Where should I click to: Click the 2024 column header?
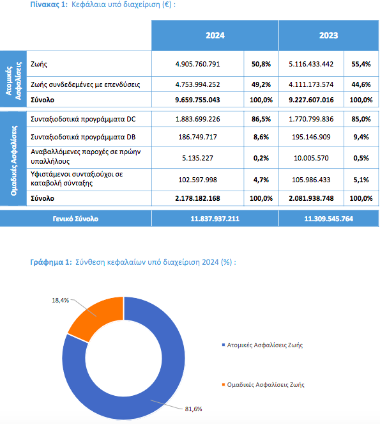pyautogui.click(x=215, y=35)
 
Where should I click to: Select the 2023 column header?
pyautogui.click(x=328, y=35)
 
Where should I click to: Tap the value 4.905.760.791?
pyautogui.click(x=197, y=64)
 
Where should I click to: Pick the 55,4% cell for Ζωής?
pyautogui.click(x=361, y=64)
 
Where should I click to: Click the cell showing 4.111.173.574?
pyautogui.click(x=311, y=84)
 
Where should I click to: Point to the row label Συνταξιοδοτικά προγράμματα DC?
pyautogui.click(x=83, y=119)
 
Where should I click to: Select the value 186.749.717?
pyautogui.click(x=197, y=137)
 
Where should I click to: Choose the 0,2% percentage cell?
pyautogui.click(x=261, y=158)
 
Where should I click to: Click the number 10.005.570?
pyautogui.click(x=311, y=158)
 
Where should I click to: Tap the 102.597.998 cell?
pyautogui.click(x=197, y=180)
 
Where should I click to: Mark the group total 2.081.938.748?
pyautogui.click(x=311, y=198)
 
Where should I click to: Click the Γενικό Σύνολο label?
pyautogui.click(x=75, y=219)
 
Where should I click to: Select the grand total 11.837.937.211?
pyautogui.click(x=215, y=219)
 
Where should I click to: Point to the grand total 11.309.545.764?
pyautogui.click(x=328, y=219)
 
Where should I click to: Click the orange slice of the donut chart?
pyautogui.click(x=97, y=317)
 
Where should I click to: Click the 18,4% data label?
pyautogui.click(x=60, y=300)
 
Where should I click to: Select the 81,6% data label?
pyautogui.click(x=194, y=409)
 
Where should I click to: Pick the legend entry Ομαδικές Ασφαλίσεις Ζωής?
pyautogui.click(x=263, y=384)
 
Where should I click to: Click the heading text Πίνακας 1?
pyautogui.click(x=49, y=4)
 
